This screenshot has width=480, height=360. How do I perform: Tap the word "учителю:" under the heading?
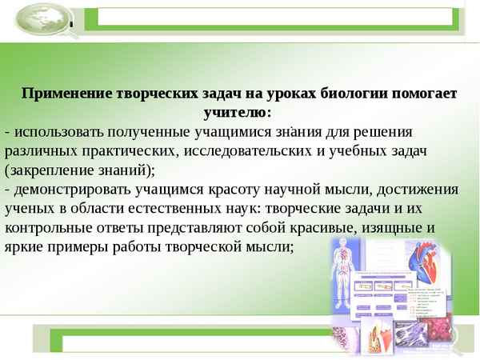pyautogui.click(x=239, y=112)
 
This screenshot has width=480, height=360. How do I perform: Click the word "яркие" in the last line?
pyautogui.click(x=23, y=247)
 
